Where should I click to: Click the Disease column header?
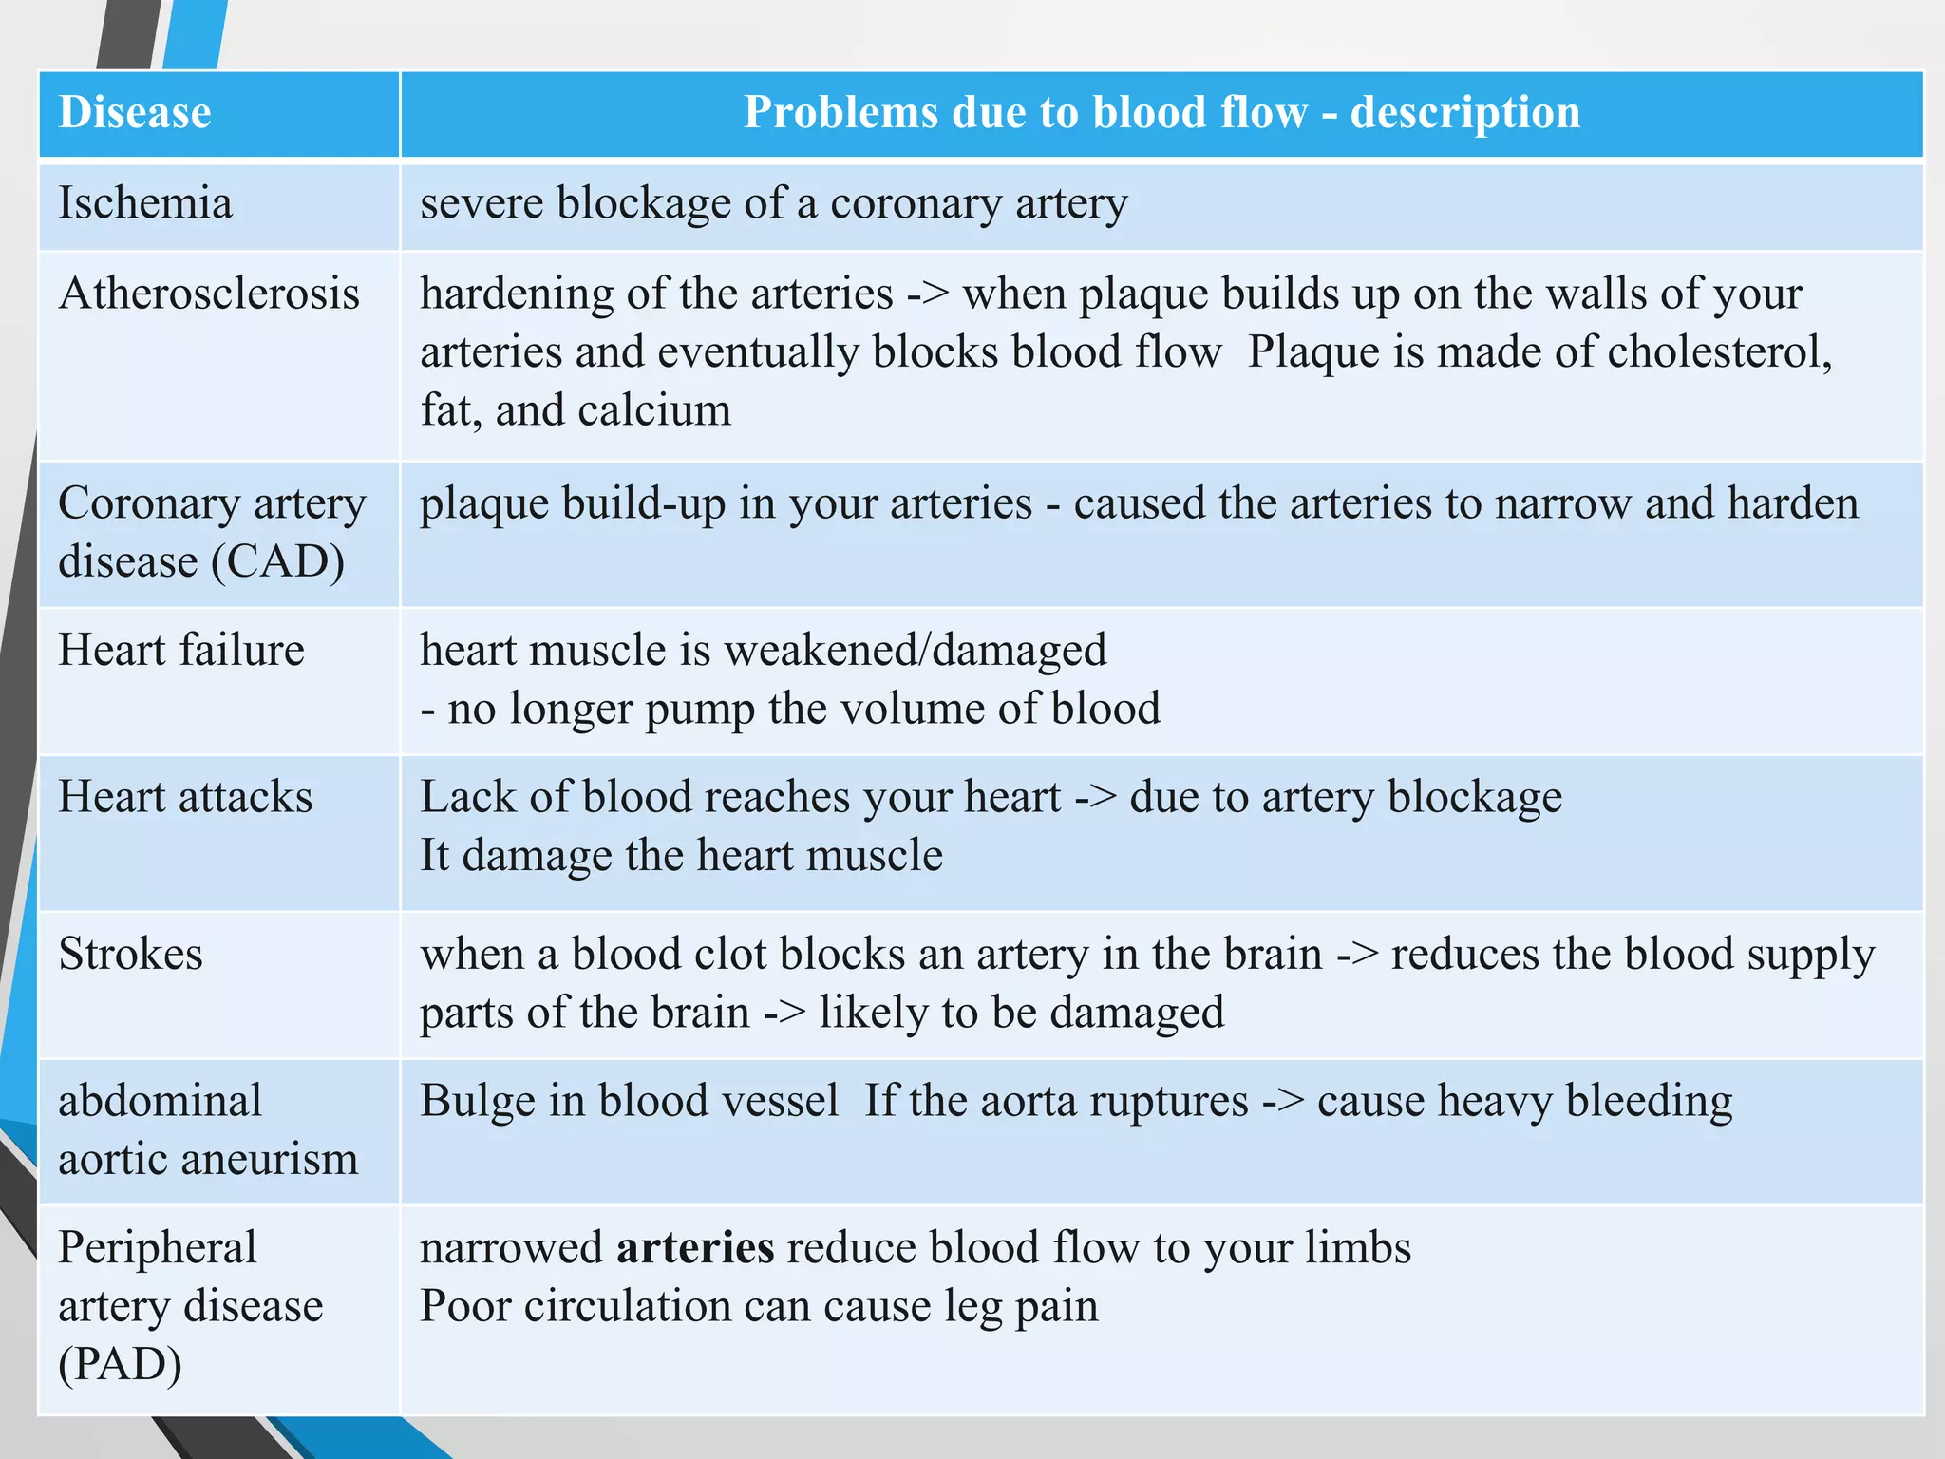click(x=135, y=112)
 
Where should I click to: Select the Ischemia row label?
click(x=145, y=203)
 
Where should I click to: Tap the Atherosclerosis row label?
click(x=209, y=294)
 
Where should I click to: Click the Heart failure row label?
click(x=181, y=651)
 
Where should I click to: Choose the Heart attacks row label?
click(x=185, y=797)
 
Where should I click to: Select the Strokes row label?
click(x=131, y=954)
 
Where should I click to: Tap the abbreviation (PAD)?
click(x=120, y=1365)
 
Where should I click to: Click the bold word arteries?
click(x=695, y=1248)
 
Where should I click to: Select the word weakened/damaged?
click(x=916, y=651)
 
